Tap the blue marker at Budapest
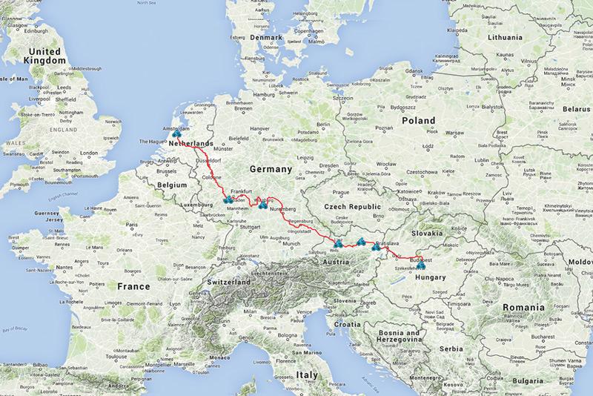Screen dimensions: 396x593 click(x=421, y=260)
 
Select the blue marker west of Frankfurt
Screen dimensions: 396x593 click(x=227, y=199)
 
